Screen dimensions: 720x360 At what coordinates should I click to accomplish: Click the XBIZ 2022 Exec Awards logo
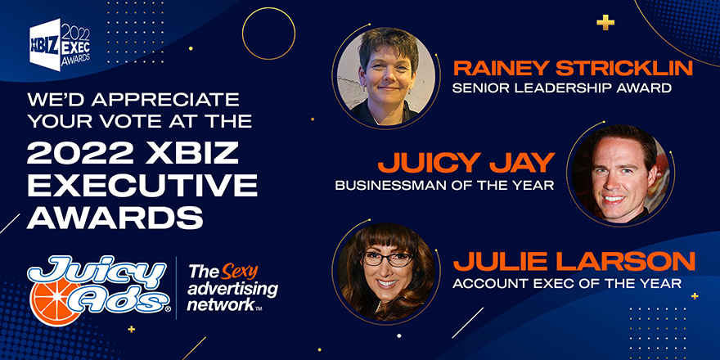[60, 44]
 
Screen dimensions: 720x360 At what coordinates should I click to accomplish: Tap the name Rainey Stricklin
[573, 69]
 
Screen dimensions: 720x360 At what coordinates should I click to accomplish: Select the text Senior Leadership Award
[562, 88]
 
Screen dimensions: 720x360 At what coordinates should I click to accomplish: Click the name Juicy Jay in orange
[466, 163]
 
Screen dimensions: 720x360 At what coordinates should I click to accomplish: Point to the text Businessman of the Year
[445, 186]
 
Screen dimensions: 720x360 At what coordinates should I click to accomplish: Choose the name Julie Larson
[574, 262]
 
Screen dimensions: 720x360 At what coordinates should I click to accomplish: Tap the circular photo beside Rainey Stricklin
[386, 76]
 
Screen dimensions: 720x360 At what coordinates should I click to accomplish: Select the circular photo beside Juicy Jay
[621, 174]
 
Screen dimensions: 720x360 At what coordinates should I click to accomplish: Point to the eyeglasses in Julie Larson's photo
[387, 259]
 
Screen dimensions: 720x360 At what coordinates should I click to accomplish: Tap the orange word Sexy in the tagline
[239, 272]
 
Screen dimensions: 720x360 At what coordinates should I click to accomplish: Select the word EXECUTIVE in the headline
[142, 186]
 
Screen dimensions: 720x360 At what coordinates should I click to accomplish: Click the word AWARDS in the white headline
[115, 218]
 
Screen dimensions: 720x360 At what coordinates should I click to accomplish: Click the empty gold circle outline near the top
[268, 34]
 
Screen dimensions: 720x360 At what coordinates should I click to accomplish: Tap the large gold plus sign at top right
[605, 22]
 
